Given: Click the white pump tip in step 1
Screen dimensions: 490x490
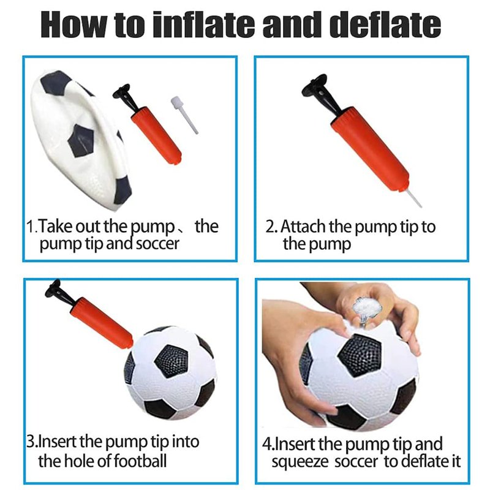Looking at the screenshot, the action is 184,115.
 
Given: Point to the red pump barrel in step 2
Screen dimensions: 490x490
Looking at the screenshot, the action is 370,149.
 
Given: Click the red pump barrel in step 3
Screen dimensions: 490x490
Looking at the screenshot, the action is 102,323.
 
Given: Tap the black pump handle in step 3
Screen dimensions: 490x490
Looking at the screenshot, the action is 60,294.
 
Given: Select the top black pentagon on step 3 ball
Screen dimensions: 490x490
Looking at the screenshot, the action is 171,361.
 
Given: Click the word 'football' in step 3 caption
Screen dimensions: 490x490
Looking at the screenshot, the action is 140,461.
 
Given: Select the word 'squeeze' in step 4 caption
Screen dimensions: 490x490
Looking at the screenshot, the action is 300,462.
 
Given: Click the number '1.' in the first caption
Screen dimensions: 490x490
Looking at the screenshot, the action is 32,227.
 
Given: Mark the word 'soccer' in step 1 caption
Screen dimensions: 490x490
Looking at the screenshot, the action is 158,244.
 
